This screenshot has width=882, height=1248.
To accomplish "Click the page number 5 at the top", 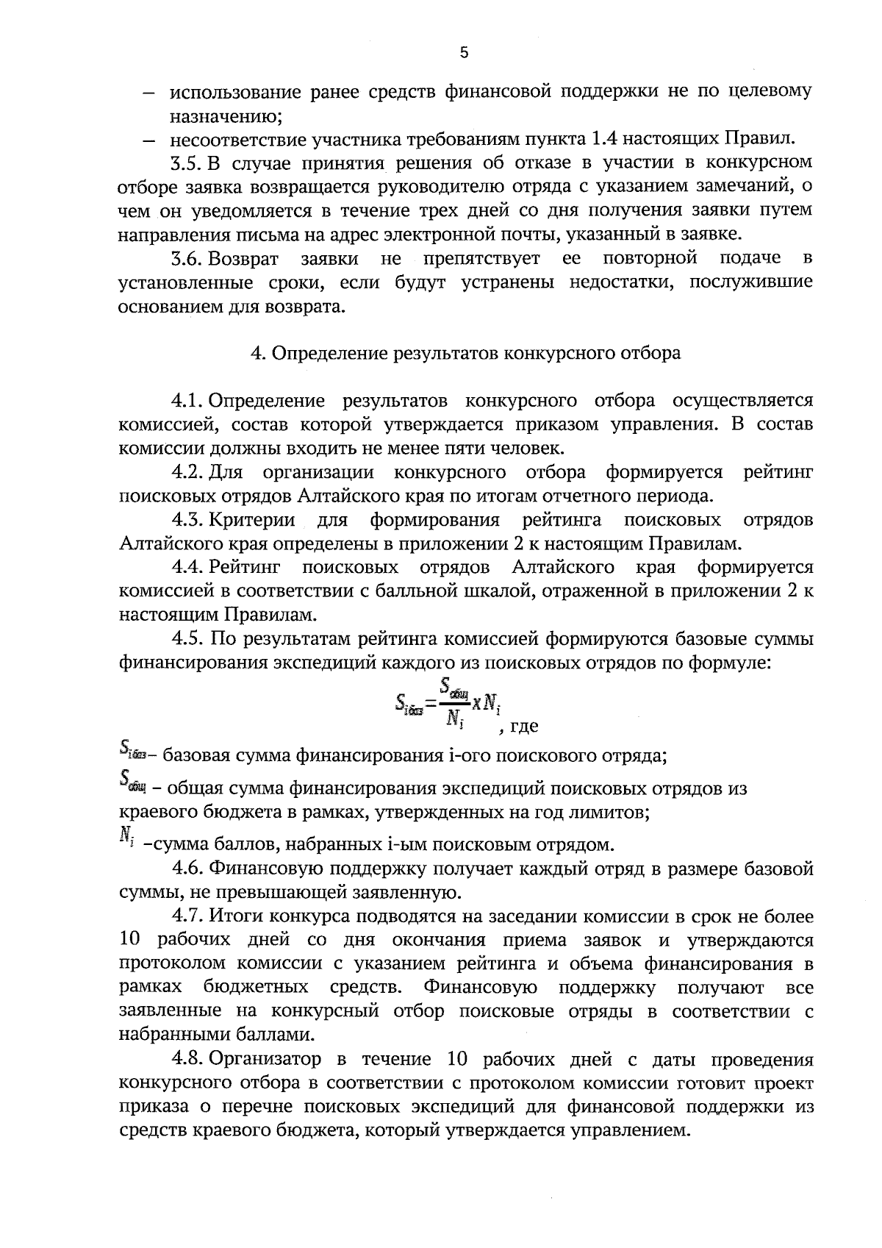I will coord(463,52).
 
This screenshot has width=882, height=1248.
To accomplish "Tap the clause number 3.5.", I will coord(187,162).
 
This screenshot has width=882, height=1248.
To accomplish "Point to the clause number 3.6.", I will coord(187,258).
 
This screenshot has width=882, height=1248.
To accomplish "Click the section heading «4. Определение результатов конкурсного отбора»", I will coord(465,353).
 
